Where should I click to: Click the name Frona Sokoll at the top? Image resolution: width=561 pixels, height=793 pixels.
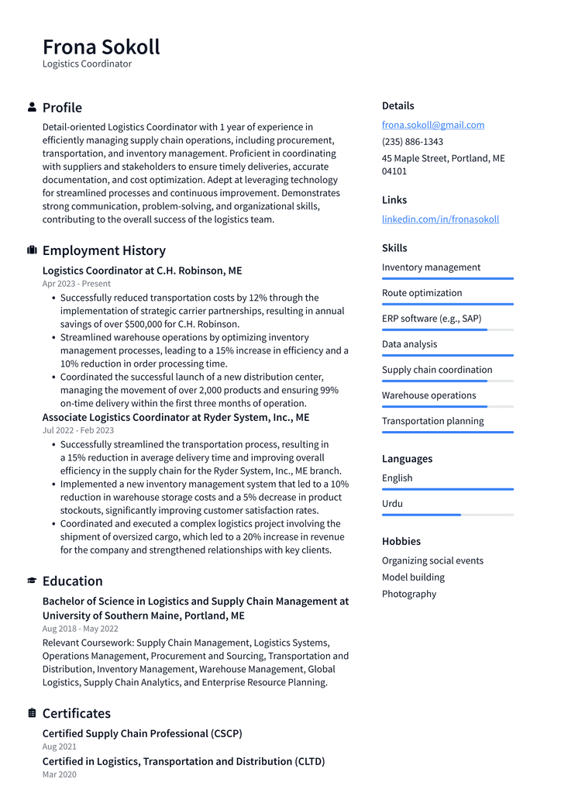(x=101, y=47)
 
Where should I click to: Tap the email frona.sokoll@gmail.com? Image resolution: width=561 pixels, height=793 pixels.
(x=432, y=125)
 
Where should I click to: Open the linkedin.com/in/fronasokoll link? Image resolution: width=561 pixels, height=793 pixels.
(x=440, y=219)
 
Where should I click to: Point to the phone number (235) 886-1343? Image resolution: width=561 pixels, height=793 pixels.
(x=412, y=142)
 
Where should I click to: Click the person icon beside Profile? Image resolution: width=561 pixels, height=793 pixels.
(x=32, y=107)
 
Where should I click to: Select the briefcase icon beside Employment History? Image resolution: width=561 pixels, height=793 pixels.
(x=32, y=250)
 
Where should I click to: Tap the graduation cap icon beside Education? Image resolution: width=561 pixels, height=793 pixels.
(x=32, y=581)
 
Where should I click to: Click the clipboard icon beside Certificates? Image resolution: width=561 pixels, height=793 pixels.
(x=32, y=713)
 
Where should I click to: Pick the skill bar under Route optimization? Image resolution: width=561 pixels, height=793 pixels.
(x=447, y=304)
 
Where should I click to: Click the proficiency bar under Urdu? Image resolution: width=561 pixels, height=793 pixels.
(x=447, y=515)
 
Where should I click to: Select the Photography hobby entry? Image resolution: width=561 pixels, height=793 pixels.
(x=408, y=594)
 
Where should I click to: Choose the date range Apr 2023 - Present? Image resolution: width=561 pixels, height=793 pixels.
(x=76, y=284)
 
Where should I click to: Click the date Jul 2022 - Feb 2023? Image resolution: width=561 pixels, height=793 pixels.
(x=77, y=430)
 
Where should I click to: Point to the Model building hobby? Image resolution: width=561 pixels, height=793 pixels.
(x=413, y=577)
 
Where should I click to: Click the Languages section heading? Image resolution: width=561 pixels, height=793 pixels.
(x=407, y=459)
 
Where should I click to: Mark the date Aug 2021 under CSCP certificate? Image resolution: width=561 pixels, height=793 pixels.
(x=59, y=746)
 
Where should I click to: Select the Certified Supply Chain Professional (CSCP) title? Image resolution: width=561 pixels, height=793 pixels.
(x=142, y=733)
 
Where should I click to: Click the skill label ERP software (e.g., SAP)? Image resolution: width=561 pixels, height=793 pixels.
(x=431, y=319)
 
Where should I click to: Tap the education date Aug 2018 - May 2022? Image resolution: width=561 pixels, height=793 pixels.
(x=80, y=629)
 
